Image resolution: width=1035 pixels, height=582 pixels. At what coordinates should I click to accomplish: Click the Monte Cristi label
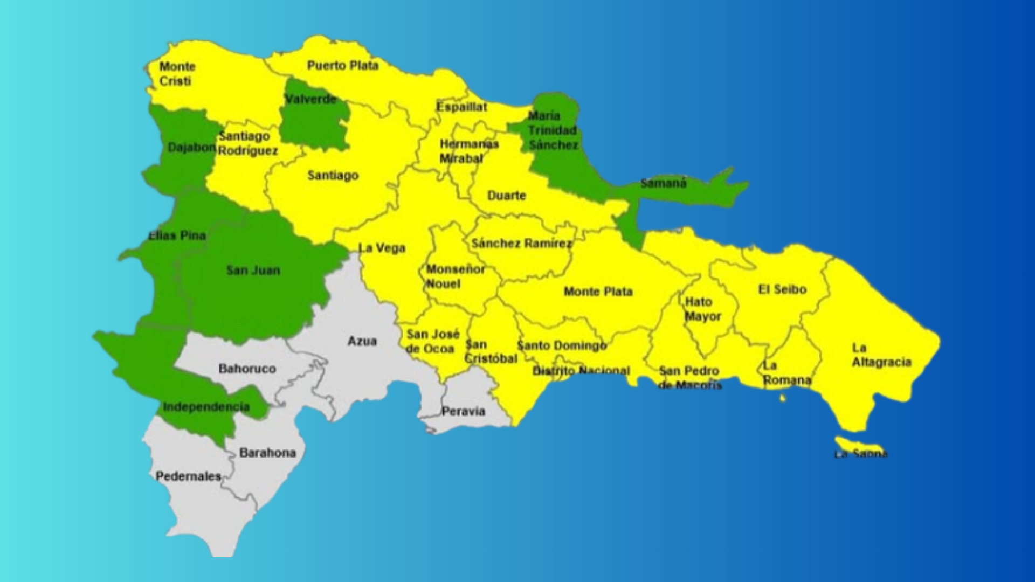[177, 74]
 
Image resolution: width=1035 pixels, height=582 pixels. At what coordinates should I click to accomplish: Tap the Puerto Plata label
[343, 66]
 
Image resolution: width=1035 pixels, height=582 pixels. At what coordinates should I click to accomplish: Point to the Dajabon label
[192, 147]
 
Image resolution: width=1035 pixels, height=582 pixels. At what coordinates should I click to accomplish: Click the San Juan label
[253, 270]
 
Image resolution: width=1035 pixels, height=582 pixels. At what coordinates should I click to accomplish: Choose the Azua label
[362, 341]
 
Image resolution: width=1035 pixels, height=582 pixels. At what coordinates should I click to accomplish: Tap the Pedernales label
[188, 476]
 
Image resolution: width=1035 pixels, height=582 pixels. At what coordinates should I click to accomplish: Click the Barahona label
[267, 453]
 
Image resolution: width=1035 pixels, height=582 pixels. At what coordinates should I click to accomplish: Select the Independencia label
[206, 407]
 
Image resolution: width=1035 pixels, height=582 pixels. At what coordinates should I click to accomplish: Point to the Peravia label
[463, 412]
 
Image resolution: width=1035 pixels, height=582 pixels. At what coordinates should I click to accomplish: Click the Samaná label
[663, 183]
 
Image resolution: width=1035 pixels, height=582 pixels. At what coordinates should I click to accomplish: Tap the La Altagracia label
[881, 355]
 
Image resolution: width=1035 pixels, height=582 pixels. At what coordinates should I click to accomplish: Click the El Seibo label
[782, 289]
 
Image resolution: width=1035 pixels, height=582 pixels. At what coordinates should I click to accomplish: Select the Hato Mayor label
[702, 309]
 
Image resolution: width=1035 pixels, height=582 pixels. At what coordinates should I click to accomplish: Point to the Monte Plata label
[598, 292]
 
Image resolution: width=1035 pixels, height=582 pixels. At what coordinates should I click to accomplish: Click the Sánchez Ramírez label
[521, 244]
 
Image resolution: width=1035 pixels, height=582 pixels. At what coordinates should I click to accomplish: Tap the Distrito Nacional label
[581, 371]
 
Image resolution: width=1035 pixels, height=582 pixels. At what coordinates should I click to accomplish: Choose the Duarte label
[506, 196]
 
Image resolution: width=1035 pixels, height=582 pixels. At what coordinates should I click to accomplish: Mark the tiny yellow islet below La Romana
[783, 398]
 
